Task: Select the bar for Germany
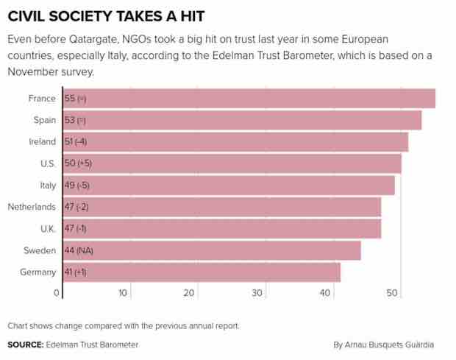202,272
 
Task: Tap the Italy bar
229,185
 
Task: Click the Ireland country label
41,141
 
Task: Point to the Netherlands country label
32,207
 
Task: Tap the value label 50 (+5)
78,163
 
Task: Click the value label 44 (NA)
79,250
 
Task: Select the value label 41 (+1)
76,272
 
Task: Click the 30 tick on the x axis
257,293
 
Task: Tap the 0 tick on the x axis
57,293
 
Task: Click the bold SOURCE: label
25,344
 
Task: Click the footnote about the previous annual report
124,325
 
